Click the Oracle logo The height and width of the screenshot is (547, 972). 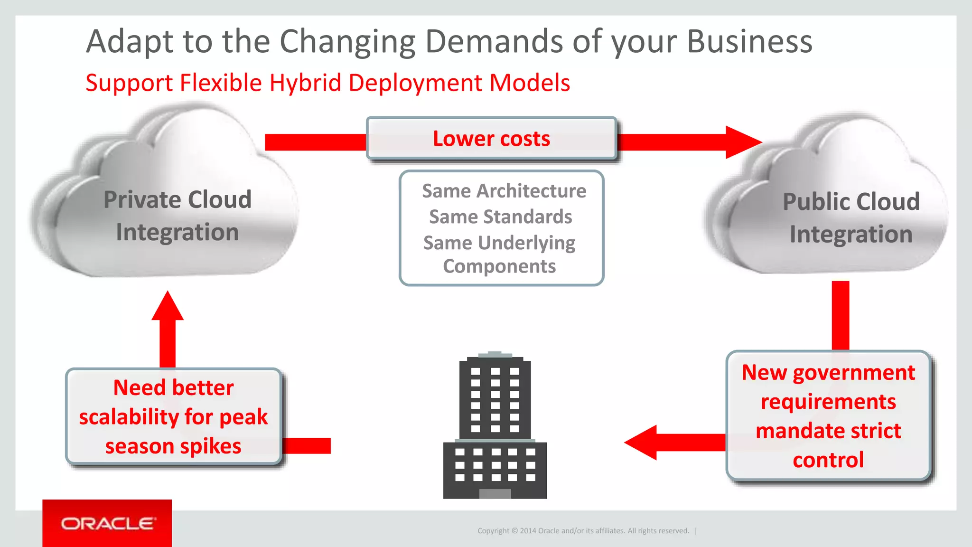(107, 523)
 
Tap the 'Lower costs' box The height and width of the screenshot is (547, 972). (491, 139)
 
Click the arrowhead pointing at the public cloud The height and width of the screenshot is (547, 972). (742, 142)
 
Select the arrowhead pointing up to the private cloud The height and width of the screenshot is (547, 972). (168, 306)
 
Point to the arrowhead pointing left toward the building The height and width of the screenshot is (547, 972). (642, 443)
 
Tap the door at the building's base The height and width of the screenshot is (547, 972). (495, 494)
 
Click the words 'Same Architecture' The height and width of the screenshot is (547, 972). (504, 191)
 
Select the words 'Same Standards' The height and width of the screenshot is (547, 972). (500, 217)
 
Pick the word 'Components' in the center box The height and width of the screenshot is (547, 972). (499, 266)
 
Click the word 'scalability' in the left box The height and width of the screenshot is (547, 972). (128, 417)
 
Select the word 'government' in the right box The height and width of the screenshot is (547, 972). (854, 373)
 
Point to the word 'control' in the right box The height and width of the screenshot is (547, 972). (828, 460)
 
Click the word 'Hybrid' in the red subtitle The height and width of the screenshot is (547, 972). (305, 83)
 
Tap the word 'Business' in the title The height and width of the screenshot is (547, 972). (749, 42)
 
